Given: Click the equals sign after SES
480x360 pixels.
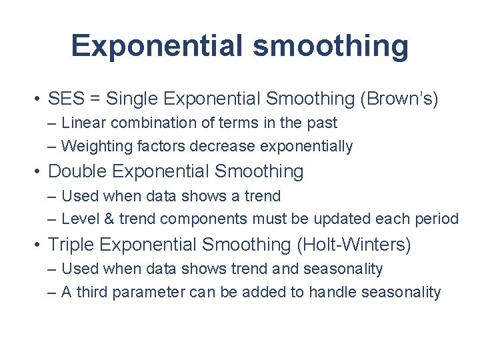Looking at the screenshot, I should pos(95,99).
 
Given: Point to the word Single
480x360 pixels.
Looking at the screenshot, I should pos(132,99).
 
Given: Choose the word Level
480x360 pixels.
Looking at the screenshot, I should pos(79,219).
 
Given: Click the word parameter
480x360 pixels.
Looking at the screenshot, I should pos(149,292).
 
